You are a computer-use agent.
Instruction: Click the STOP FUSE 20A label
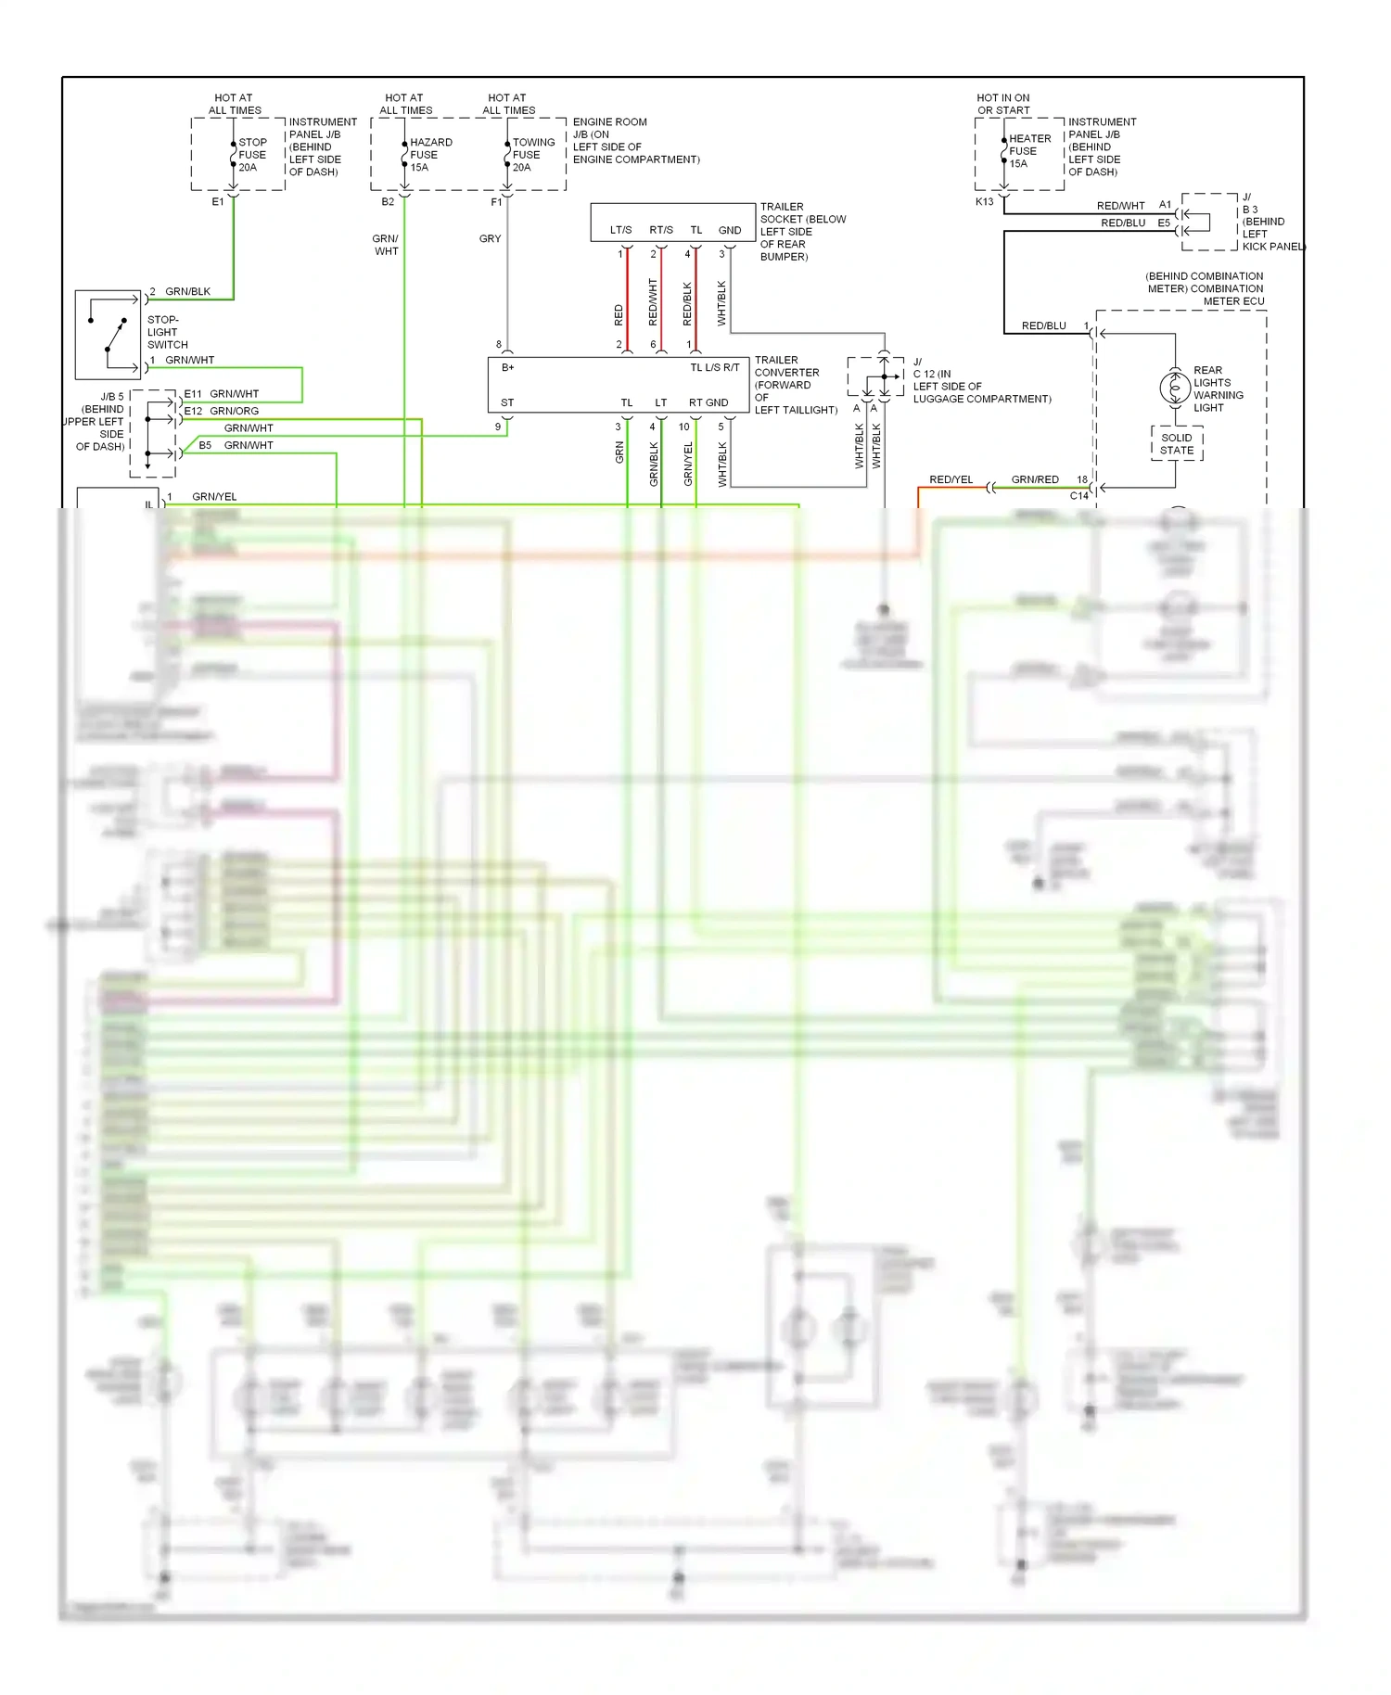pos(251,155)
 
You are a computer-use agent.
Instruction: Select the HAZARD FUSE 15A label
pos(430,155)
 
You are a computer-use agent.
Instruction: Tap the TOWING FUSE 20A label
pos(533,155)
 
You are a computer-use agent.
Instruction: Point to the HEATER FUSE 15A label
pos(1029,151)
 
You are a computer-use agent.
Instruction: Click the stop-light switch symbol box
pos(108,335)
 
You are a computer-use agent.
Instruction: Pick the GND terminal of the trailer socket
pos(730,230)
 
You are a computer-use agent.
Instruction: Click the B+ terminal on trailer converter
pos(507,367)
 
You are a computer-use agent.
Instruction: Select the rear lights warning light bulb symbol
pos(1175,387)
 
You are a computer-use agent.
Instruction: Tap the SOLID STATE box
pos(1177,444)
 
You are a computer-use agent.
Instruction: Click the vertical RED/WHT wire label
pos(653,301)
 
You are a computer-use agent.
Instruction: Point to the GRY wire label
pos(490,238)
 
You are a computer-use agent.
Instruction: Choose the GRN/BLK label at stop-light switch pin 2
pos(187,291)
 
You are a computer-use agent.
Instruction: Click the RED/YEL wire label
pos(951,479)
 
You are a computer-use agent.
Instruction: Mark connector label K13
pos(984,201)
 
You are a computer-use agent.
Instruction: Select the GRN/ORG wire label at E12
pos(234,411)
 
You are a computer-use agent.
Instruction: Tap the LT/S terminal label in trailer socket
pos(620,230)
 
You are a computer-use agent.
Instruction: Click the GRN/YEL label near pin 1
pos(214,496)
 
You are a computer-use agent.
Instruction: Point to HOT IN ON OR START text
pos(1002,104)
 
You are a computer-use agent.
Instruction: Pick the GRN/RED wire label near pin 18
pos(1035,479)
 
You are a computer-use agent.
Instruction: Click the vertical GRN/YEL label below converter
pos(688,464)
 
